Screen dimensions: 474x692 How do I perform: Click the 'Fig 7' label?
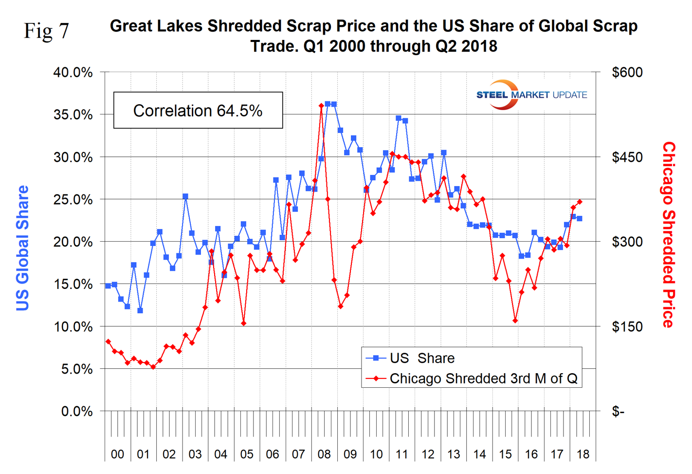[x=46, y=31]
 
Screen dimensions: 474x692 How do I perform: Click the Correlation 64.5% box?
[x=198, y=111]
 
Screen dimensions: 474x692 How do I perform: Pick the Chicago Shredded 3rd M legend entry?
[x=472, y=379]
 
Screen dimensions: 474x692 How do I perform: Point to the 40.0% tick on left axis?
[x=73, y=72]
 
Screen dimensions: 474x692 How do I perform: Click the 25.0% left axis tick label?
[x=73, y=199]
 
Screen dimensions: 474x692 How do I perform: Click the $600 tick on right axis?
[x=627, y=72]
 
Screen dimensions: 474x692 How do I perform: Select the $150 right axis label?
[x=627, y=326]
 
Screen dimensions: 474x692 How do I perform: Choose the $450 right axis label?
[x=627, y=157]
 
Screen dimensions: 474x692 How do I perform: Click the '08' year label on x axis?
[x=324, y=455]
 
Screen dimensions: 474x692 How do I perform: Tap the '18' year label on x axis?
[x=583, y=455]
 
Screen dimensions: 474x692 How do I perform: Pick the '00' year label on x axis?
[x=117, y=455]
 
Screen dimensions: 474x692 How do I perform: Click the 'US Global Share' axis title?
[x=22, y=248]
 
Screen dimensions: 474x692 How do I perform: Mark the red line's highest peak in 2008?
[x=321, y=106]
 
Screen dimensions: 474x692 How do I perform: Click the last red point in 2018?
[x=580, y=202]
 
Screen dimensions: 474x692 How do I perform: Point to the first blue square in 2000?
[x=108, y=286]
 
